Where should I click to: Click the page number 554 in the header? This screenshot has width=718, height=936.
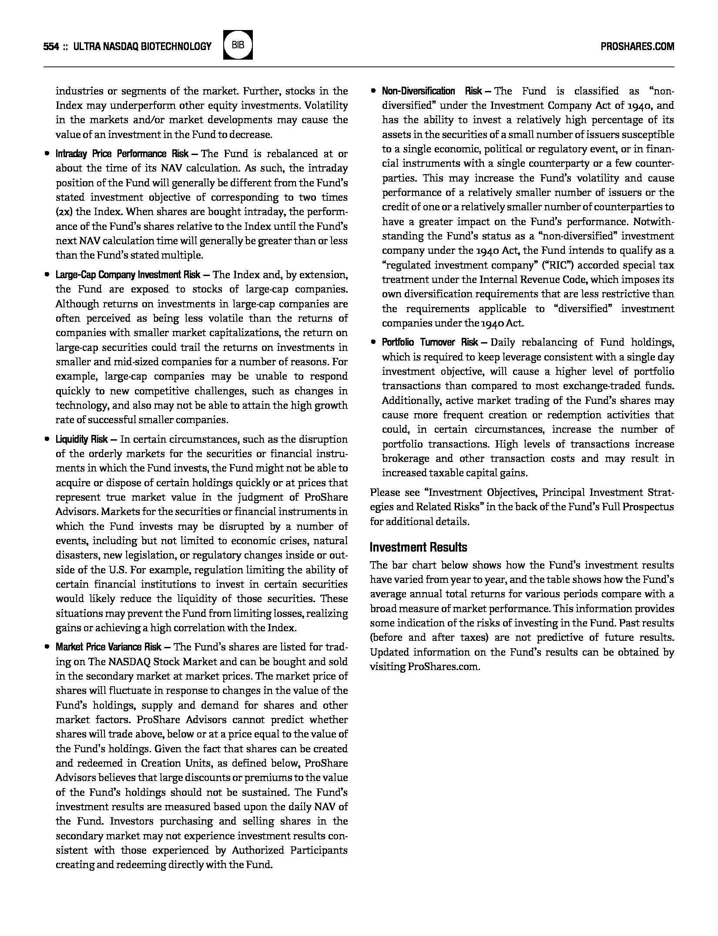(51, 46)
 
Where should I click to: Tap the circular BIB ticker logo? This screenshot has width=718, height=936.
(238, 45)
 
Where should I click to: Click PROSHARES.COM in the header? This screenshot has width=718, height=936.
(637, 46)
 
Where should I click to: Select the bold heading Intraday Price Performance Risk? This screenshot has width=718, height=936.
(122, 154)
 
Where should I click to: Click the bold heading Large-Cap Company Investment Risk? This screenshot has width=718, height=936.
(128, 275)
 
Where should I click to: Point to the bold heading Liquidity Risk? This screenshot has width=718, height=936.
(82, 439)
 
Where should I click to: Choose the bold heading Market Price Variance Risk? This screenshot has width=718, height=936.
(108, 647)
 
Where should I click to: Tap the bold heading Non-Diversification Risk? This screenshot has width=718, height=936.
(432, 91)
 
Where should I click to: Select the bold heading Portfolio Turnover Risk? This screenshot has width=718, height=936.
(430, 343)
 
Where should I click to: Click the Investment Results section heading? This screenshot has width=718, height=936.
(418, 547)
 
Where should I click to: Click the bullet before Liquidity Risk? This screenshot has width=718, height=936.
(47, 439)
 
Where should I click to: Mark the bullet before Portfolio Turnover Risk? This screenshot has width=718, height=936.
(373, 343)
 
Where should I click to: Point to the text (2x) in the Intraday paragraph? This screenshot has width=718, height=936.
(64, 212)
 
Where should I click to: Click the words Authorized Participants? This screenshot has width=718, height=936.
(289, 850)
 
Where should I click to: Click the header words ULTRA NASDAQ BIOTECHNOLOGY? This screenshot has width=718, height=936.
(142, 46)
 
